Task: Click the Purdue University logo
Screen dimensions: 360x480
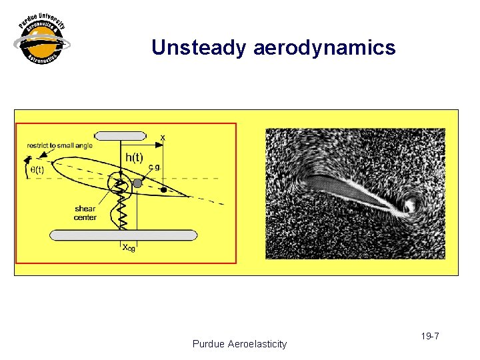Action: (41, 41)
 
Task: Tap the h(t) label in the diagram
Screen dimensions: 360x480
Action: (134, 157)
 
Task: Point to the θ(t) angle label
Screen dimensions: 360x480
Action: (37, 169)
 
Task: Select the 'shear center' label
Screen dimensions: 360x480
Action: (85, 213)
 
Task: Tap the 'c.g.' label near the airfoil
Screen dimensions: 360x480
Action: (153, 167)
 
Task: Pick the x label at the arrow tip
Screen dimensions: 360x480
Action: (163, 137)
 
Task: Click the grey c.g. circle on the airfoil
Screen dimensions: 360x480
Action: (137, 183)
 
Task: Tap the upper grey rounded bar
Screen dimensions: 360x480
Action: (124, 136)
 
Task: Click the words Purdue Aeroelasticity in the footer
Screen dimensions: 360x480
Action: (239, 344)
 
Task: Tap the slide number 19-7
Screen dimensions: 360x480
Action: (430, 336)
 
